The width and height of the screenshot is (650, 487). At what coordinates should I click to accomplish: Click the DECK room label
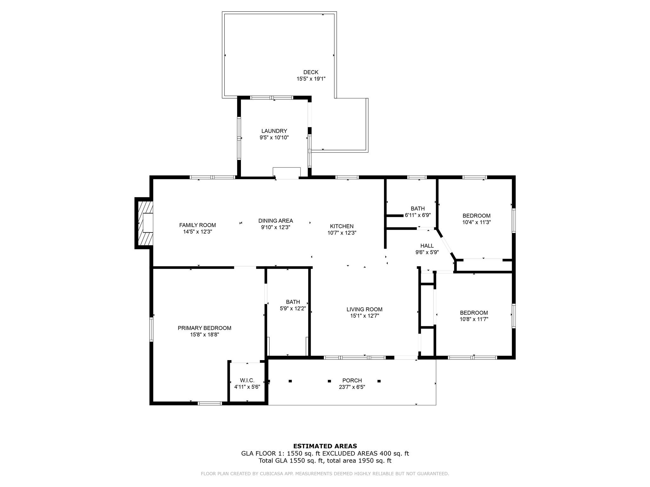tap(311, 72)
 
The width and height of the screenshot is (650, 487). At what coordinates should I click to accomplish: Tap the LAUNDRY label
tap(274, 131)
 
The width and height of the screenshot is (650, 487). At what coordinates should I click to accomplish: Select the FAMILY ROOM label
tap(197, 225)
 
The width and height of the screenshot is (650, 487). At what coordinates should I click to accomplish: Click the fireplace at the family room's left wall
tap(144, 223)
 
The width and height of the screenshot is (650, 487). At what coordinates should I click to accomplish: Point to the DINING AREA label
tap(275, 221)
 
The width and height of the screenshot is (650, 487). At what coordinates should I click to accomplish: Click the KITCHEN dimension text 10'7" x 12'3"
tap(342, 233)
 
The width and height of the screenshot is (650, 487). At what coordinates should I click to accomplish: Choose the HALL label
tap(427, 246)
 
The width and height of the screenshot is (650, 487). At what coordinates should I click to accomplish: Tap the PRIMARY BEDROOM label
tap(204, 328)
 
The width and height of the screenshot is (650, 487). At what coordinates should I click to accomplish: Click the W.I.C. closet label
tap(247, 380)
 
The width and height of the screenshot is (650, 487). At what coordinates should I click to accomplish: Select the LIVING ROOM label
tap(364, 309)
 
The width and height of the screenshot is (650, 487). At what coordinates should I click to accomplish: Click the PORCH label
tap(352, 380)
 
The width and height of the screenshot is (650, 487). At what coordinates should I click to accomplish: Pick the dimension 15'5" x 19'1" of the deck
tap(311, 79)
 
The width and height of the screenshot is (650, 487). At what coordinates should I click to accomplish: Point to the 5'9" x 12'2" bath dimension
tap(293, 308)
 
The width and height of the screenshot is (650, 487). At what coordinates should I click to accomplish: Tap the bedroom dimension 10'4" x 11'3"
tap(476, 222)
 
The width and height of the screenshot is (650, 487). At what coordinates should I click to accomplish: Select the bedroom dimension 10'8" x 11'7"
tap(474, 319)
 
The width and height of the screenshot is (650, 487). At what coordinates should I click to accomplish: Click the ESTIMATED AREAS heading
tap(325, 446)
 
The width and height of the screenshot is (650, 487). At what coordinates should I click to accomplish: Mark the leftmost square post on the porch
tap(290, 381)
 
